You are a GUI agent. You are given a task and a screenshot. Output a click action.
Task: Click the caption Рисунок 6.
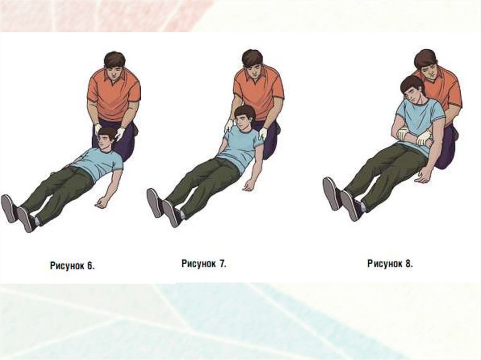point(72,266)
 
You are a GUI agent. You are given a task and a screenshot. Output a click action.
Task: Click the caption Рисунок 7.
point(204,264)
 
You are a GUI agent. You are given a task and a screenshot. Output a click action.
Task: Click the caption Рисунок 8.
point(390,263)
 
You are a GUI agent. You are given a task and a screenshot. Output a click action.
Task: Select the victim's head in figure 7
point(244,118)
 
